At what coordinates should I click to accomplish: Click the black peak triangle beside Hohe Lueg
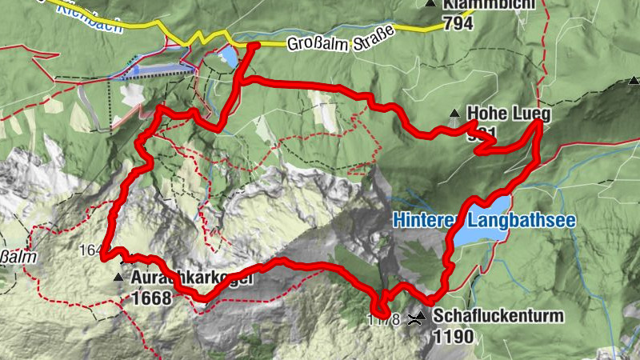454,113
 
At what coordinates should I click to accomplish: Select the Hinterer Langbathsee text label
485,220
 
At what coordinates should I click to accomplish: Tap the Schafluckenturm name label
498,316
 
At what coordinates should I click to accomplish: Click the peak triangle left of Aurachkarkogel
119,278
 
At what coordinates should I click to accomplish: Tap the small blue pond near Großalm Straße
228,56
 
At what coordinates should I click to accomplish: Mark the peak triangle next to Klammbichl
431,4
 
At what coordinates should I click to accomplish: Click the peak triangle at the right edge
634,80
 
